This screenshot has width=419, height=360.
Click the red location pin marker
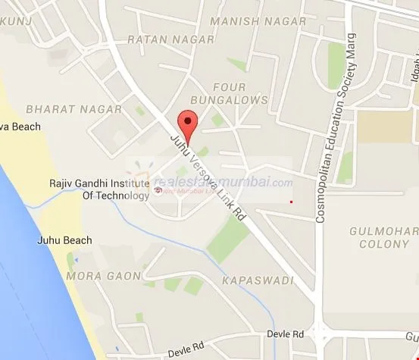coord(186,122)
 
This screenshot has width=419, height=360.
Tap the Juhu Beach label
coord(64,240)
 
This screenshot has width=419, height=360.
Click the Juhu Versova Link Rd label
coord(208,175)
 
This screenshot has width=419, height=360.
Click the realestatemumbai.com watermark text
coord(224,183)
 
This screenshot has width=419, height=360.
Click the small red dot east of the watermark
coord(291,202)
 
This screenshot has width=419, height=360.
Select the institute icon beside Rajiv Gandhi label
coord(157,189)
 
